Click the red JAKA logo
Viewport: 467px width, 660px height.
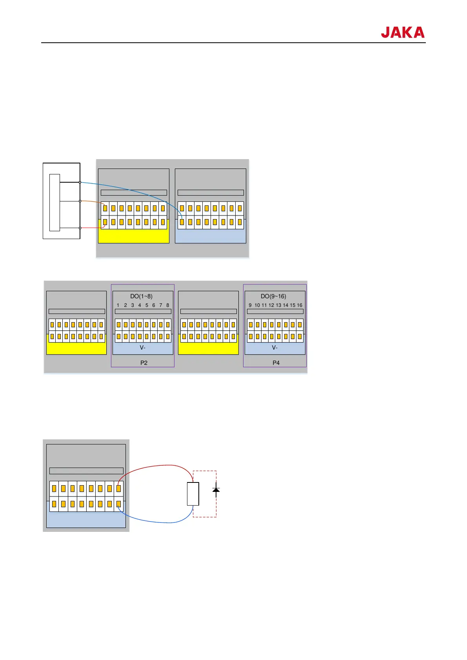point(402,32)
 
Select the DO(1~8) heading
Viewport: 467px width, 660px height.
point(141,296)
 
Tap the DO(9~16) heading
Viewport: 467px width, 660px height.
point(273,296)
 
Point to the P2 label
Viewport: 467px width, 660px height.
point(144,363)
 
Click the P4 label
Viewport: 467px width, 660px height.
point(276,363)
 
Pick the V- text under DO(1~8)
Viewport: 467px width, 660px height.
point(143,348)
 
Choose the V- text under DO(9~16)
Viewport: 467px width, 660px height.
point(275,348)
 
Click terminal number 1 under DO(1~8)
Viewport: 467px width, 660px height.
point(118,305)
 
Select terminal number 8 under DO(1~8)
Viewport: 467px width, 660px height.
point(168,305)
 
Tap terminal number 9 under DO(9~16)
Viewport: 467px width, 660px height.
point(250,305)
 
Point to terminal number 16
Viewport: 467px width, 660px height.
point(300,305)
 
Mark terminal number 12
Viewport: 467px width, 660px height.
point(271,305)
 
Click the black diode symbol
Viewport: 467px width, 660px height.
point(216,490)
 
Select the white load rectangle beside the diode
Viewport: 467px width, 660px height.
point(193,494)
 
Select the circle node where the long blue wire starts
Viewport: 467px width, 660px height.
point(80,182)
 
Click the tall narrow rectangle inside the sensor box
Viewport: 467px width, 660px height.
point(55,202)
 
